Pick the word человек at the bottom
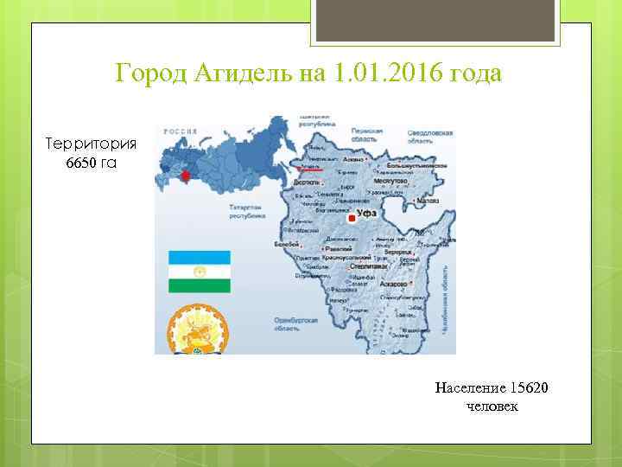tap(492, 406)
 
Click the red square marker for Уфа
tap(351, 219)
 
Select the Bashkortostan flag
tap(199, 272)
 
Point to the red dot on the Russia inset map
tap(183, 176)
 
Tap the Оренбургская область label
tap(295, 324)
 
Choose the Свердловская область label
tap(429, 137)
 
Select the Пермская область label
tap(367, 135)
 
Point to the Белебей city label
tap(287, 245)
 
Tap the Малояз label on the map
tap(428, 200)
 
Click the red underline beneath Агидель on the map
tap(308, 171)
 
